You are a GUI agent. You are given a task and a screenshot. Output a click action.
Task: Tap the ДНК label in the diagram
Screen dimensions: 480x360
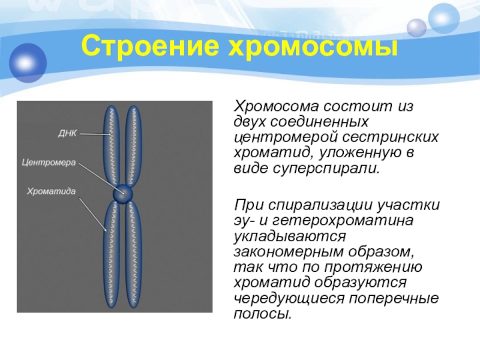click(67, 133)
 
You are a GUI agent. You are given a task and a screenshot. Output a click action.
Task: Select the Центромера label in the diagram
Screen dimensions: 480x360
click(48, 162)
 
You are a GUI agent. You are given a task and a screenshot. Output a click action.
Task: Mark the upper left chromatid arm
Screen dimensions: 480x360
click(111, 144)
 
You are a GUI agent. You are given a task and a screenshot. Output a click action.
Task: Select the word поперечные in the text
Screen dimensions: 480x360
click(390, 298)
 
